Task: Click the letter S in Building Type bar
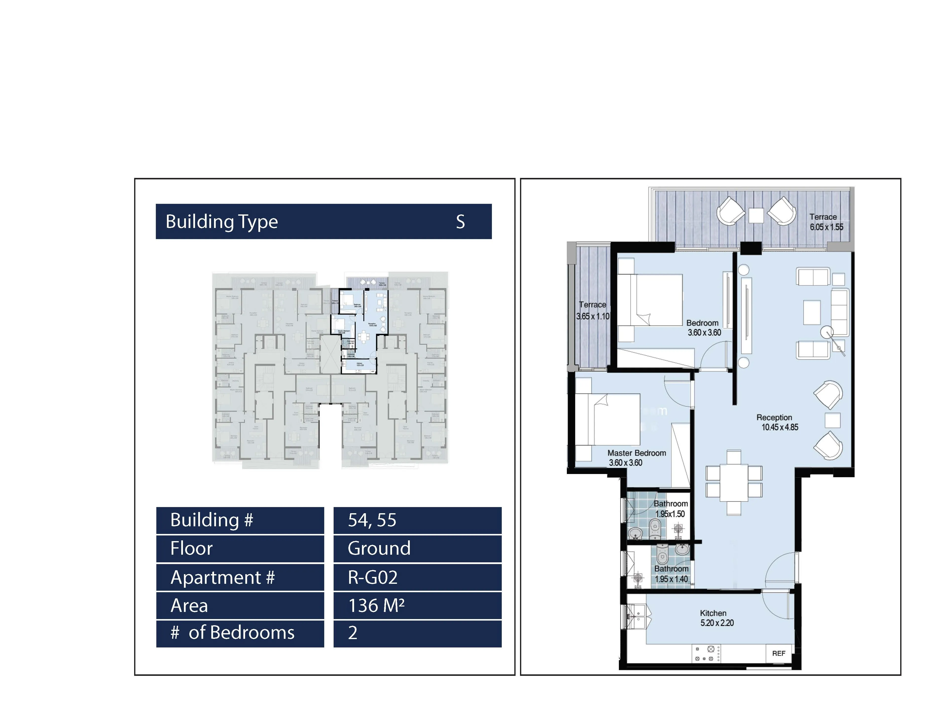tap(460, 222)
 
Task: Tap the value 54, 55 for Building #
tap(372, 520)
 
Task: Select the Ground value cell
tap(379, 548)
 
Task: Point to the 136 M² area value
tap(376, 606)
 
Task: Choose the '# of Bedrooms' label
tap(232, 633)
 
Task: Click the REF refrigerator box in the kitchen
tap(778, 653)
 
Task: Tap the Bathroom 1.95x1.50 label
tap(670, 508)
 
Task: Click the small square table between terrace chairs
tap(756, 215)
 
